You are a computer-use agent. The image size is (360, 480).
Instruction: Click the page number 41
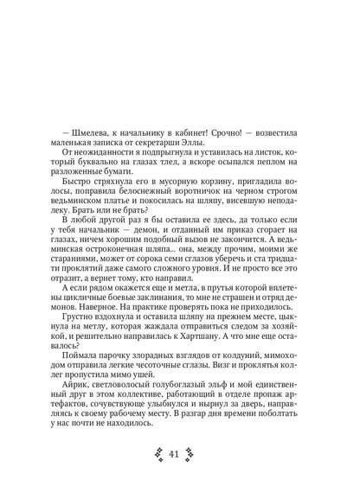tap(181, 456)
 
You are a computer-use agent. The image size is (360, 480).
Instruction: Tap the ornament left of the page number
tap(159, 456)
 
